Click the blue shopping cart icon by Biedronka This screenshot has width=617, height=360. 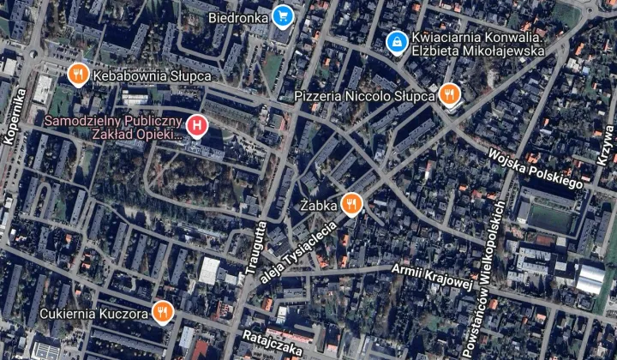pyautogui.click(x=284, y=15)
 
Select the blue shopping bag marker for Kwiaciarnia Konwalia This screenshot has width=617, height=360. pyautogui.click(x=397, y=41)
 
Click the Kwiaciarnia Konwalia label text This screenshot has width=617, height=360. pyautogui.click(x=477, y=44)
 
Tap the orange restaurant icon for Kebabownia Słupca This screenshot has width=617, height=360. pyautogui.click(x=78, y=75)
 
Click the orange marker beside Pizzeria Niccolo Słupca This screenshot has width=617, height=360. pyautogui.click(x=450, y=94)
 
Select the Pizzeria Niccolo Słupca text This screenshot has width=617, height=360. pyautogui.click(x=364, y=95)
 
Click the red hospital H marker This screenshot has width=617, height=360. pyautogui.click(x=198, y=128)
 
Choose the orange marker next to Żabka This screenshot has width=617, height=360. pyautogui.click(x=350, y=204)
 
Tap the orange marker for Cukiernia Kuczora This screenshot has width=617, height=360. pyautogui.click(x=160, y=312)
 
